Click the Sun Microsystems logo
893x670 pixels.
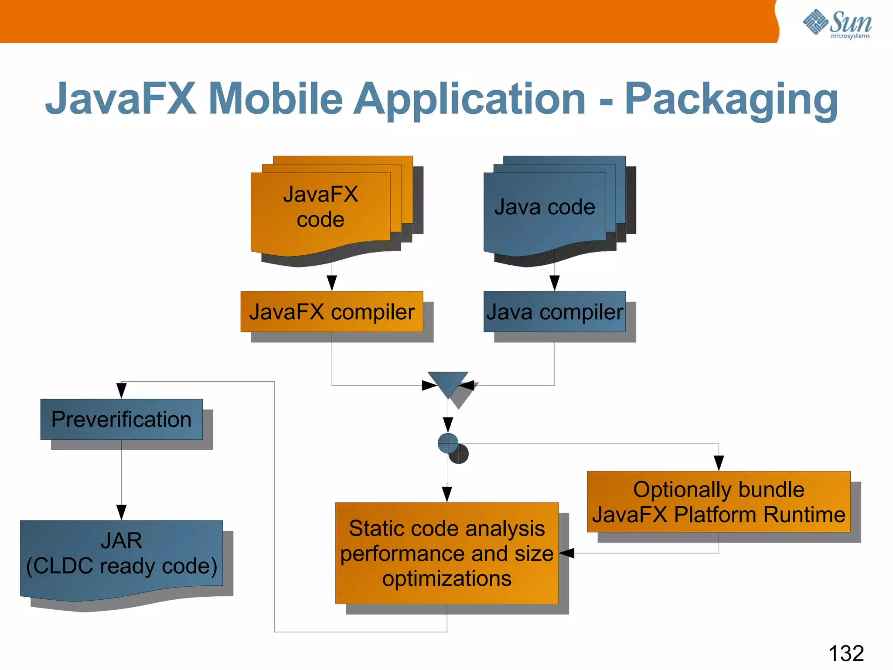click(837, 24)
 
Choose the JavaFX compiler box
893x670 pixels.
click(331, 312)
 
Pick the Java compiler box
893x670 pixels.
click(554, 312)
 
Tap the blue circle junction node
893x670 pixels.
click(448, 443)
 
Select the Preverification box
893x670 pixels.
click(121, 419)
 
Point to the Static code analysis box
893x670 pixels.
click(446, 553)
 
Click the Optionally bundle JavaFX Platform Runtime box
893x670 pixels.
click(719, 502)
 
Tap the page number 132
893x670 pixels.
click(846, 653)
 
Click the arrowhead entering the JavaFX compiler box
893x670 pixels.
click(332, 283)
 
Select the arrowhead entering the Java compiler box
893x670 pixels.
click(555, 283)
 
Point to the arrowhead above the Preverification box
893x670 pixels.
click(122, 390)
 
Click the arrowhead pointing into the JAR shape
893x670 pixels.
click(122, 512)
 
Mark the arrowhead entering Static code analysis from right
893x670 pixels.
click(567, 553)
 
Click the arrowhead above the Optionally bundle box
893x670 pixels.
click(719, 463)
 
